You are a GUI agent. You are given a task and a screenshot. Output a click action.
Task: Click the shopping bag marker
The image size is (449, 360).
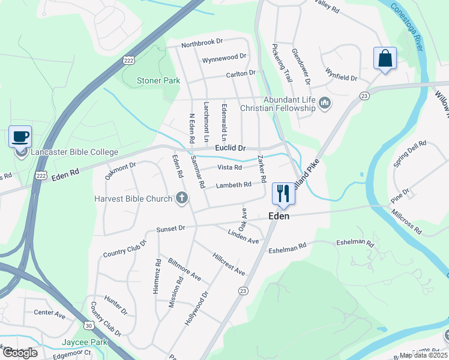point(384,59)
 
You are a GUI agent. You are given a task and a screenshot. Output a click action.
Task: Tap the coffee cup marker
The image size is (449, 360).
point(20,136)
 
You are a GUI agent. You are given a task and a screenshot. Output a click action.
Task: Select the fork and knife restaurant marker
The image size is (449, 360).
point(283,193)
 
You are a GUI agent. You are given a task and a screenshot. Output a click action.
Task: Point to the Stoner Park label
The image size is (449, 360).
point(158,80)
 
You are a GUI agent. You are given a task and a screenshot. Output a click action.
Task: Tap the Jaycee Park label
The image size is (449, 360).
point(84,343)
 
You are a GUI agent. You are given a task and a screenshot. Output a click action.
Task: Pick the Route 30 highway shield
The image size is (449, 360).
point(89,325)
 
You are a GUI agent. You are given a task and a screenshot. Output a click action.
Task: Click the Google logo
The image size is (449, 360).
point(20,352)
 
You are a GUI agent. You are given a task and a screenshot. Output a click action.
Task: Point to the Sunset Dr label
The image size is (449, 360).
point(171,229)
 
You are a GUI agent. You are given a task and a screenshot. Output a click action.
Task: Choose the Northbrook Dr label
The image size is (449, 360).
point(202,43)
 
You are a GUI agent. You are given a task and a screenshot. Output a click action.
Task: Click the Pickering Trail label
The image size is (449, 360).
point(282,62)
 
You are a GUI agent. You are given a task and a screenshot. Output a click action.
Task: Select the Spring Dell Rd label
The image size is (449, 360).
point(409,154)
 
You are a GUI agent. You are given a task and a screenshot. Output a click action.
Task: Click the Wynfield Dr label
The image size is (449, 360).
point(341,77)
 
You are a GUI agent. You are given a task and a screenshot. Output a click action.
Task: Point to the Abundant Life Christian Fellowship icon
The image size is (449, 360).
point(325,104)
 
